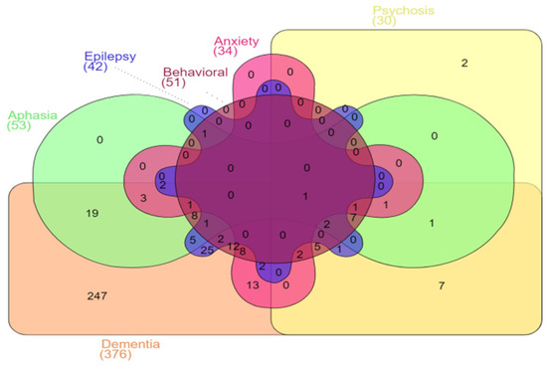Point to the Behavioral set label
point(196,73)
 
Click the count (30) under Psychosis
point(384,22)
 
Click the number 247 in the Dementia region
point(96,295)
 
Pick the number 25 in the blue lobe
point(207,250)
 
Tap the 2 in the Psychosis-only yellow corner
point(464,64)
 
